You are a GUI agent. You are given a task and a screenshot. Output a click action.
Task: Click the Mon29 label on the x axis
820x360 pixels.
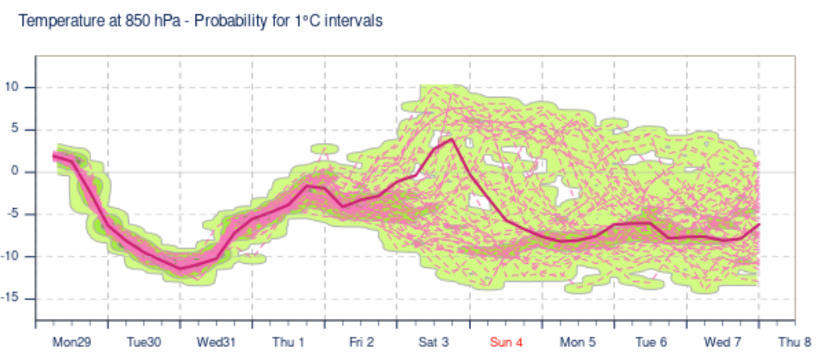click(x=71, y=341)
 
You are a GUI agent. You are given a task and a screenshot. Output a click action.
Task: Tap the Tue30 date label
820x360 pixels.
click(x=143, y=341)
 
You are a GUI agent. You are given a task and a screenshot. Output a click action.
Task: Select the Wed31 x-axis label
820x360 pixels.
click(x=216, y=341)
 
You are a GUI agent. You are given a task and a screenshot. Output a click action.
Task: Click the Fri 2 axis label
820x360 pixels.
click(x=362, y=341)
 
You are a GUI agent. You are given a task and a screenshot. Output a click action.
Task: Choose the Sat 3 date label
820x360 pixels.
click(x=434, y=341)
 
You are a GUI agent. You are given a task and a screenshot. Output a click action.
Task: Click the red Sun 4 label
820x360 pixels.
click(x=506, y=341)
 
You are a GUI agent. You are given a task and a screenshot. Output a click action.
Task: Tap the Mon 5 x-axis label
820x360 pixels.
click(x=578, y=341)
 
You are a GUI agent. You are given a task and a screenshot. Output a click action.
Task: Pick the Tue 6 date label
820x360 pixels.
click(x=651, y=341)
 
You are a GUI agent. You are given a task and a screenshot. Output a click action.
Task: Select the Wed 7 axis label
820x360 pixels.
click(x=723, y=341)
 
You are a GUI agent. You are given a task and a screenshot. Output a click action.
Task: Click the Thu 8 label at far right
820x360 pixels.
click(x=795, y=341)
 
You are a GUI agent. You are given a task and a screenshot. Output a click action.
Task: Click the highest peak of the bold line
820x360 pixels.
click(x=452, y=140)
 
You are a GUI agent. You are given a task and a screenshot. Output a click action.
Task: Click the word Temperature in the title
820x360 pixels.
click(x=58, y=21)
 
